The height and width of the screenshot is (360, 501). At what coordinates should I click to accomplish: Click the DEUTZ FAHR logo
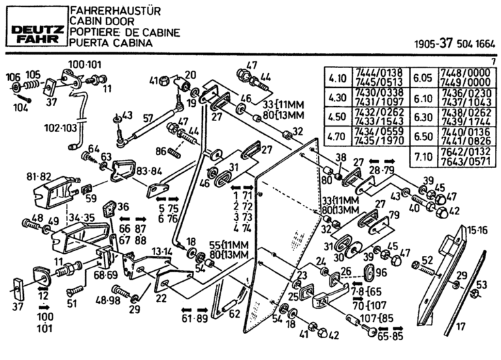pos(34,28)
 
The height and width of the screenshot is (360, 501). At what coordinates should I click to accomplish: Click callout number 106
pos(13,76)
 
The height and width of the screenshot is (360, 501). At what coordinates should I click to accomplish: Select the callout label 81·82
pos(39,177)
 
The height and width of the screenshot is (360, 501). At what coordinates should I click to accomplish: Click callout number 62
pos(233,313)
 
